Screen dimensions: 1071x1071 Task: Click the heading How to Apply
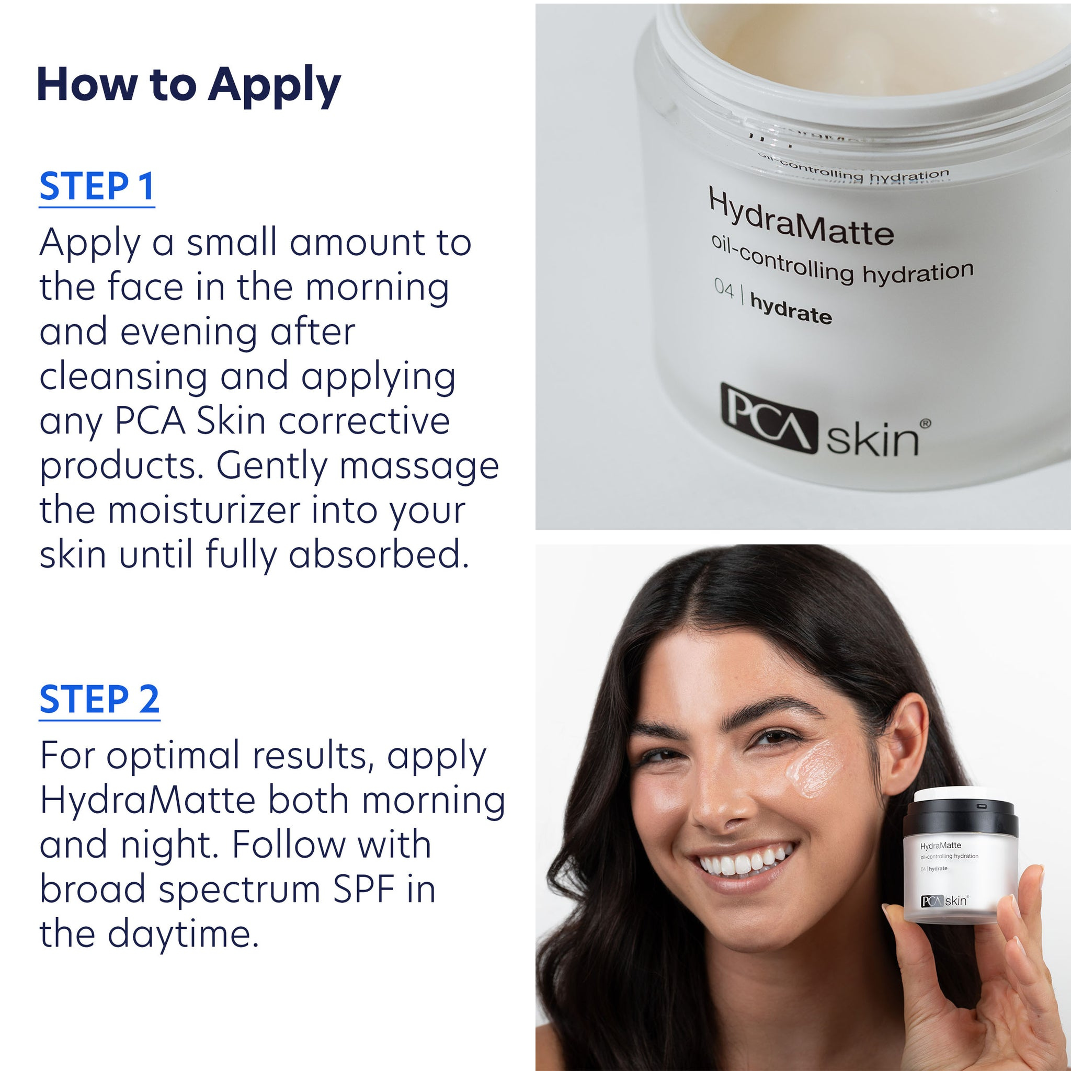click(x=188, y=85)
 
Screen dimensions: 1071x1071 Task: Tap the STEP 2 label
click(x=99, y=699)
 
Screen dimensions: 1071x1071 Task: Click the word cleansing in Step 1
click(x=123, y=377)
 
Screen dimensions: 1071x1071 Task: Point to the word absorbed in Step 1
click(x=379, y=554)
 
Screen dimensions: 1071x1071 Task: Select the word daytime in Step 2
click(x=183, y=935)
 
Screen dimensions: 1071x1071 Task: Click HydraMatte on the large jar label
click(x=801, y=219)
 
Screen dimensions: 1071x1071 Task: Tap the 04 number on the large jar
click(x=723, y=288)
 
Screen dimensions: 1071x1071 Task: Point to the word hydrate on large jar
click(x=791, y=309)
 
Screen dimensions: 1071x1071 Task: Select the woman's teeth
click(x=742, y=862)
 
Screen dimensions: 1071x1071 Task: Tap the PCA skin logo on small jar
click(x=944, y=901)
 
